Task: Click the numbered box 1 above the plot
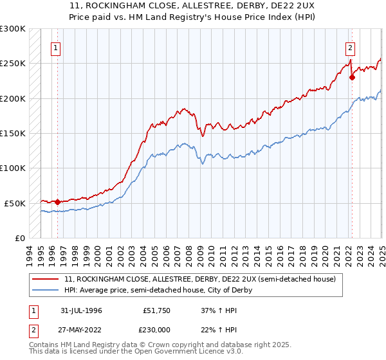[56, 48]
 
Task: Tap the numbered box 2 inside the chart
[350, 48]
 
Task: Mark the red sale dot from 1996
[57, 202]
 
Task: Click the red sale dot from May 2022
[352, 78]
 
